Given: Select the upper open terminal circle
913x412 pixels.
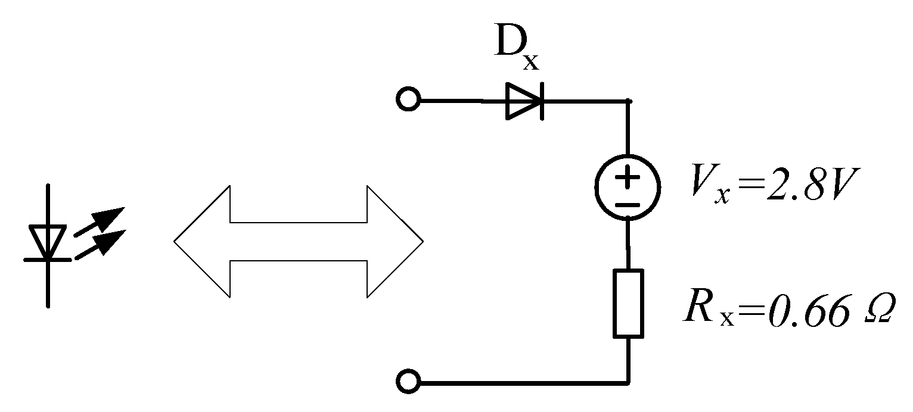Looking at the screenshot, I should coord(408,101).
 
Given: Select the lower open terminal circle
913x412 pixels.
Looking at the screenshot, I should coord(408,381).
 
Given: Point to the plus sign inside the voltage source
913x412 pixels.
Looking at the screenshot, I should coord(628,177).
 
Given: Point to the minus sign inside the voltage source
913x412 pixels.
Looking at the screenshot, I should coord(628,204).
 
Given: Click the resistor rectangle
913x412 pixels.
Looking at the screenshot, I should coord(628,303).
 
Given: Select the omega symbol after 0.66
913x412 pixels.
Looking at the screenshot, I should coord(874,311).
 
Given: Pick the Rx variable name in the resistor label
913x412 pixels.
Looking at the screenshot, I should coord(707,311).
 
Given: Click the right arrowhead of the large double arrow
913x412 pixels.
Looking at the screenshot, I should coord(396,241).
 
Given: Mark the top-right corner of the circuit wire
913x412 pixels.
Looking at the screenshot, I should coord(628,101).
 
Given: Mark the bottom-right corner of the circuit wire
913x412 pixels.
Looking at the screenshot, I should coord(628,381).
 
